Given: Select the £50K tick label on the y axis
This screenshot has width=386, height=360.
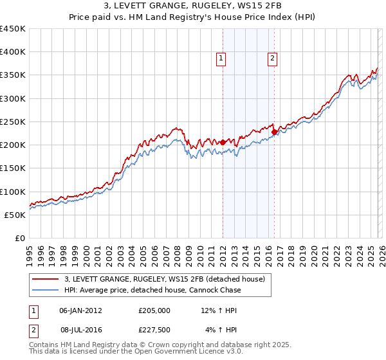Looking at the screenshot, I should [x=15, y=215].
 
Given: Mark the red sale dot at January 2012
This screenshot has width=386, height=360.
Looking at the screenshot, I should [x=223, y=142].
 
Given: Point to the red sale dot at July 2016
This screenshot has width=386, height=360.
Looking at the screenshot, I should [x=274, y=132].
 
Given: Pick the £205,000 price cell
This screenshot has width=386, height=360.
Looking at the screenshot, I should [x=154, y=310].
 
